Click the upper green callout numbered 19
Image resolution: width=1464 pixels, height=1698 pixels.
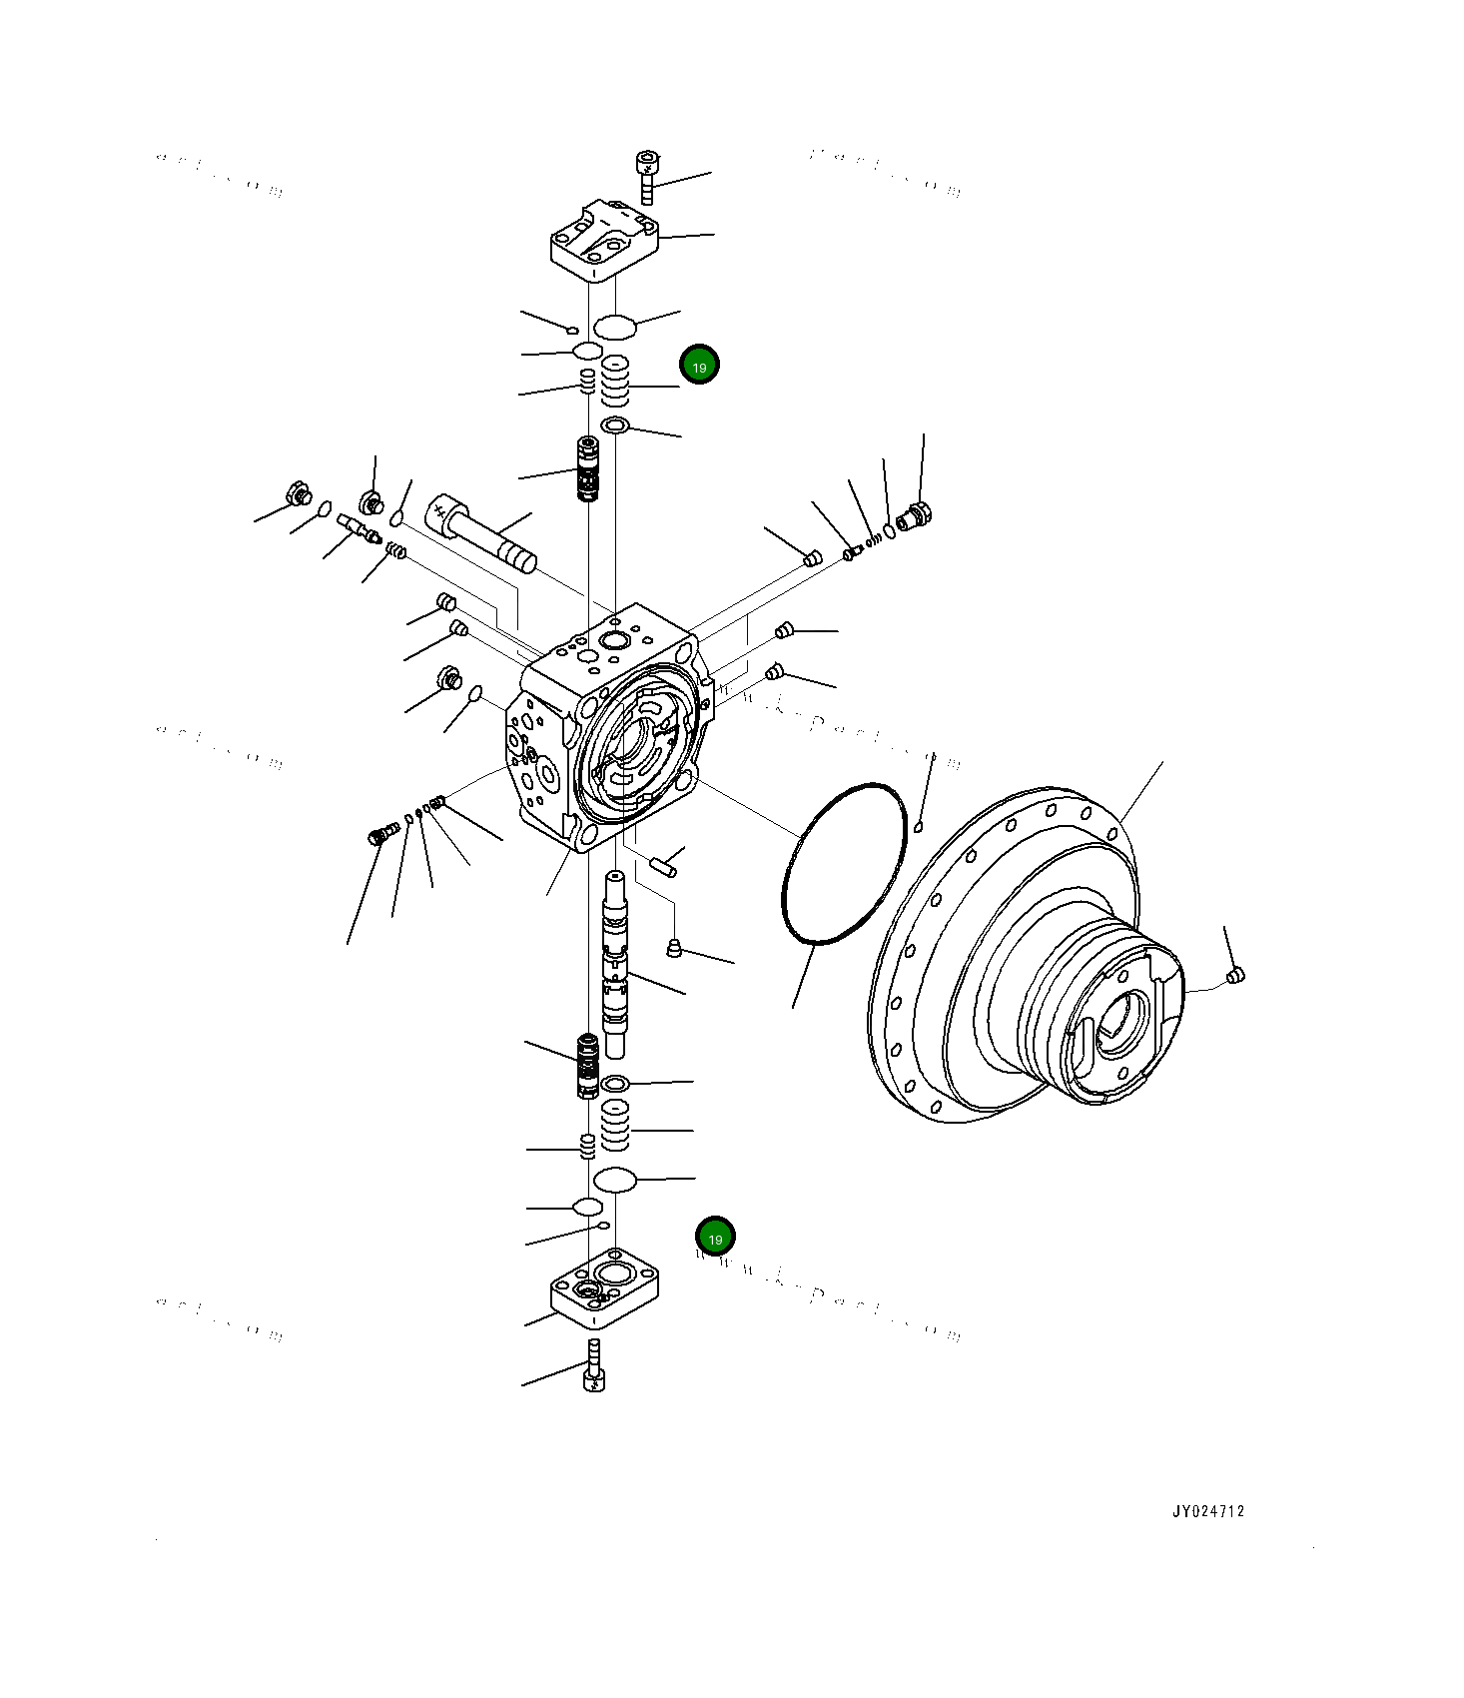tap(699, 366)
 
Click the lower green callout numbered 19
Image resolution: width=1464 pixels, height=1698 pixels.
tap(715, 1238)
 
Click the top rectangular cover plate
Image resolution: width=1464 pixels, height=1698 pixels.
tap(604, 241)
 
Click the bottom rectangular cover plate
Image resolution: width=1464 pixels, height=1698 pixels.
tap(604, 1289)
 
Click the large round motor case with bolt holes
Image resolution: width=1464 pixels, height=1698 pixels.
tap(1009, 959)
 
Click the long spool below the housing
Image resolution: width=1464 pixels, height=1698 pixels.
tap(615, 964)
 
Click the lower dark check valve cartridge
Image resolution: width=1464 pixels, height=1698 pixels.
tap(588, 1065)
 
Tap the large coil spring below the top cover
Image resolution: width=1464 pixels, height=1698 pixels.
tap(615, 381)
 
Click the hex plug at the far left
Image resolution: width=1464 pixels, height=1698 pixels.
tap(297, 493)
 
